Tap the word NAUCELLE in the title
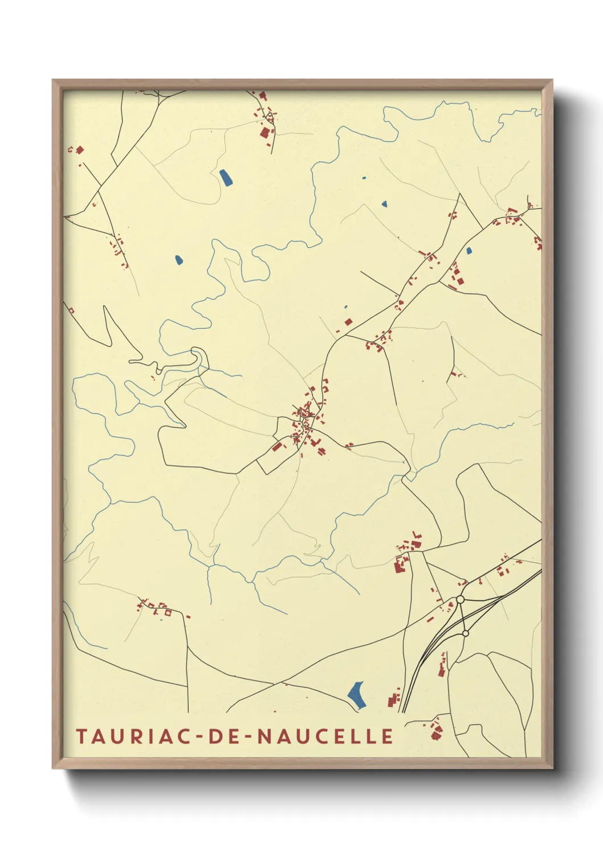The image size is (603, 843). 325,736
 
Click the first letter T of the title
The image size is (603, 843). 81,736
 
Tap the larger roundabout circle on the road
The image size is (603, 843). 460,599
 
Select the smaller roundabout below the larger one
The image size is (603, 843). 466,633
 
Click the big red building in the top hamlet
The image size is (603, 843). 264,132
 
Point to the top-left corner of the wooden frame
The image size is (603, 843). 54,81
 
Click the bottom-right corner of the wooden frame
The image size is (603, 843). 551,767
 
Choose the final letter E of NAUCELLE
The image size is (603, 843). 388,736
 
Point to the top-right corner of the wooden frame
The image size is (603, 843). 551,81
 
